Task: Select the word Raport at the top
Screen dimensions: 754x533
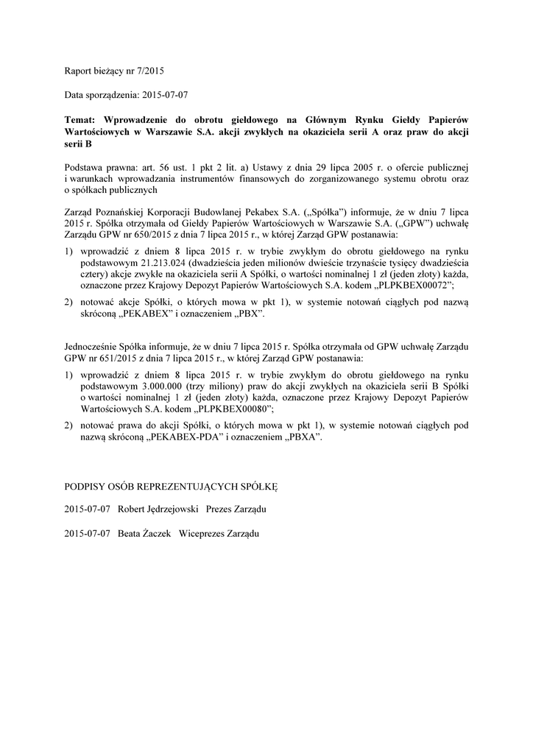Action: click(x=79, y=71)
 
